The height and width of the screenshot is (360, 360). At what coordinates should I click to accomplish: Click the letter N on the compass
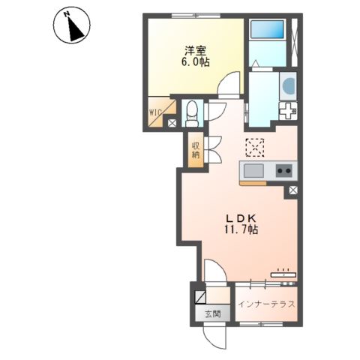point(67,15)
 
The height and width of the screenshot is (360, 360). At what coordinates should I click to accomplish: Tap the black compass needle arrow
point(75,29)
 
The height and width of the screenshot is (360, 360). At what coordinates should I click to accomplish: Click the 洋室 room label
point(196,51)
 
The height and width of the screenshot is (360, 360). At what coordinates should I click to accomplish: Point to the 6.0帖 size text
point(196,62)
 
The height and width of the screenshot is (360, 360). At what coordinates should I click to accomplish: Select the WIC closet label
point(155,112)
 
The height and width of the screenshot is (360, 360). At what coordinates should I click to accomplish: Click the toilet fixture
point(192,113)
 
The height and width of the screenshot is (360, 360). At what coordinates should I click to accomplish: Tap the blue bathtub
point(267,29)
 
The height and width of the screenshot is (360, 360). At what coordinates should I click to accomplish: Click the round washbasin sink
point(289,85)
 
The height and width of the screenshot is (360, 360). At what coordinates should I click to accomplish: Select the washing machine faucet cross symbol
point(288,111)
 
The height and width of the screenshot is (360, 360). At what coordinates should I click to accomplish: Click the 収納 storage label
point(196,150)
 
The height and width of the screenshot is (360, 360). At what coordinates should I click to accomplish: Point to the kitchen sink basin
point(253,171)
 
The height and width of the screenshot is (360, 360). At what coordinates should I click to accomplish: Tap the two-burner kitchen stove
point(284,171)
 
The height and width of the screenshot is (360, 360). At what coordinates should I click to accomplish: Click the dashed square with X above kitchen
point(255,148)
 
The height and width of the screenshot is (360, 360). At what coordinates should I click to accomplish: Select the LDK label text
point(241,219)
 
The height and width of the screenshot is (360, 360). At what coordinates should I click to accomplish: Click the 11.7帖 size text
point(241,229)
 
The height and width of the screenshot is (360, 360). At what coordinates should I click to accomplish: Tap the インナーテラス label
point(266,304)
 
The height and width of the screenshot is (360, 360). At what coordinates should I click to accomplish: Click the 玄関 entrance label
point(213,314)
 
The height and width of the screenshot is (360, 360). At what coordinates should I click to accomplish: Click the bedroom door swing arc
point(228,83)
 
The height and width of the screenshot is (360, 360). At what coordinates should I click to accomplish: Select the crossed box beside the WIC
point(172,123)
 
